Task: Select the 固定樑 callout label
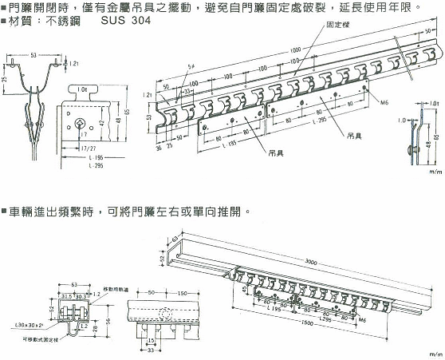(x=338, y=26)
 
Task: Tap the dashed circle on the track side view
(x=167, y=313)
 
